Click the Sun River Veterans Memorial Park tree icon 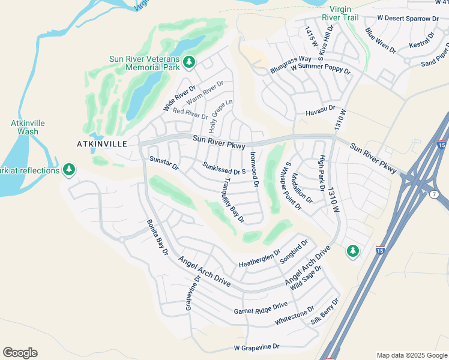[189, 61]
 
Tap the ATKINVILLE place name [102, 144]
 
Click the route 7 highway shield [433, 194]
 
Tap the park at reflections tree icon [70, 170]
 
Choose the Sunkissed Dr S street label [225, 169]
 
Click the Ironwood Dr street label [254, 169]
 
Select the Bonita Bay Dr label [157, 238]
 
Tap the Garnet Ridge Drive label [261, 308]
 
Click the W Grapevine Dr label [257, 347]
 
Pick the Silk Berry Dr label [325, 311]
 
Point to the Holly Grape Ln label [220, 116]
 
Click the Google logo [20, 353]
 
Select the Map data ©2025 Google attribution [411, 355]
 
